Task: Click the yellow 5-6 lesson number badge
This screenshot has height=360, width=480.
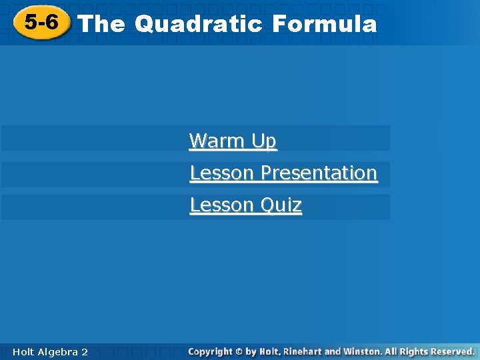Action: coord(42,23)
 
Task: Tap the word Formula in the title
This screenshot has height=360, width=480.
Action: coord(325,24)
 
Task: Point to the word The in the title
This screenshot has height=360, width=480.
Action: coord(101,24)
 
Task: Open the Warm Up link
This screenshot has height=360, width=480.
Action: coord(233,141)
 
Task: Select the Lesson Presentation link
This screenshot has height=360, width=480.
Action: coord(283,173)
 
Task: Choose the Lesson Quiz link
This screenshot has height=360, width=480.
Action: coord(246,205)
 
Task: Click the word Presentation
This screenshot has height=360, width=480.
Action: coord(319,173)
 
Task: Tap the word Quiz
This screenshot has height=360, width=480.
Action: coord(281,205)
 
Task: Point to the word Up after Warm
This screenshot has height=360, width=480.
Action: coord(264,141)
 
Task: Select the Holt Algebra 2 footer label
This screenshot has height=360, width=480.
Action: coord(49,352)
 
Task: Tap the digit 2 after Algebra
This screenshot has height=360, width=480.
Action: coord(85,352)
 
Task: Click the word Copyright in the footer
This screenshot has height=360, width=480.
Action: coord(210,351)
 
